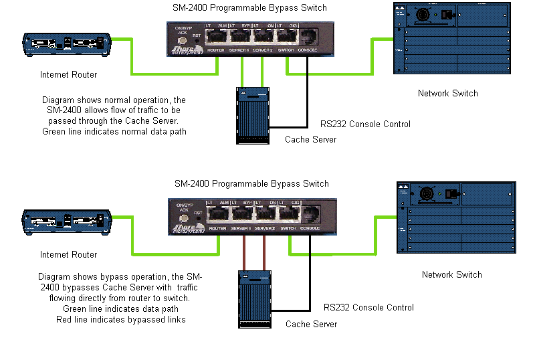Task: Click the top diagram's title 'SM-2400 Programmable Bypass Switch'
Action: [249, 8]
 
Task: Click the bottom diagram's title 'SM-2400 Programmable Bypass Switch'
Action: [251, 183]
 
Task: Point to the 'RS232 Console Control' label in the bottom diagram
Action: [369, 308]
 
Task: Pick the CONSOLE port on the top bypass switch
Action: [309, 37]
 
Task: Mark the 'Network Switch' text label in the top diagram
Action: [447, 94]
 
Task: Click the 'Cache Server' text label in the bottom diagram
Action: [311, 325]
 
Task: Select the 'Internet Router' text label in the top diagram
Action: [68, 74]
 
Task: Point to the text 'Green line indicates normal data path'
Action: [114, 132]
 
